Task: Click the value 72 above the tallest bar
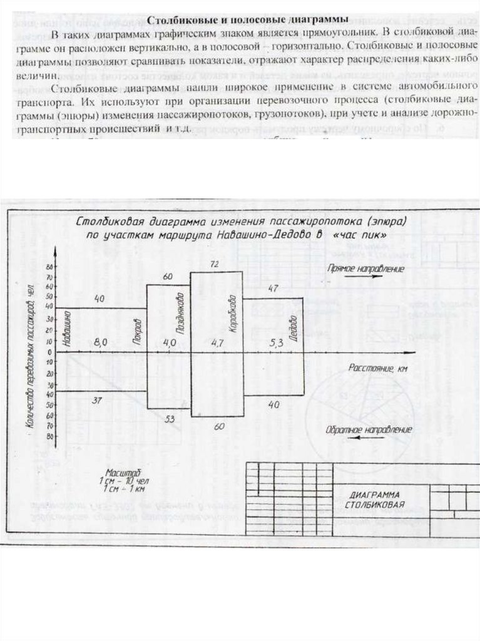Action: pos(215,265)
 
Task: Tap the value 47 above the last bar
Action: pos(272,288)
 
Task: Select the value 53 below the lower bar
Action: pos(170,419)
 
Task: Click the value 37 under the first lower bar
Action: pos(97,400)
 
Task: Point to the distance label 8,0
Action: pos(101,342)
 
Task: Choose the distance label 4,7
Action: pos(217,342)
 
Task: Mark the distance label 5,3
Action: pos(276,342)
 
